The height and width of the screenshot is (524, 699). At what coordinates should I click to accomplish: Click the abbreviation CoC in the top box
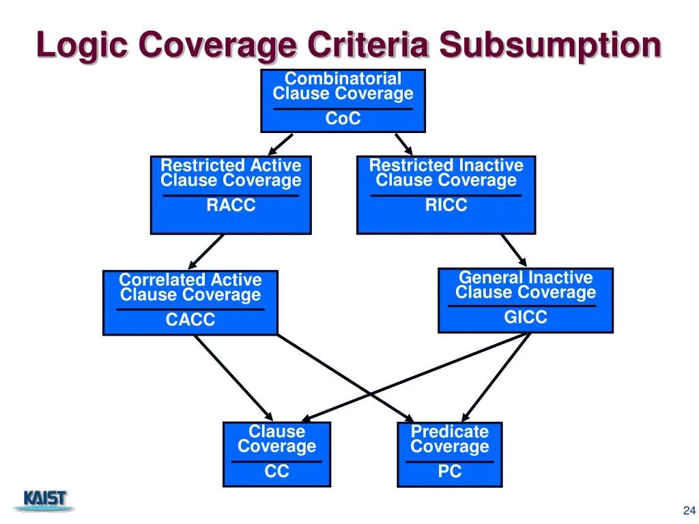point(343,119)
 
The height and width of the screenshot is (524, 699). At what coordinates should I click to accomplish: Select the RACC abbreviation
point(231,205)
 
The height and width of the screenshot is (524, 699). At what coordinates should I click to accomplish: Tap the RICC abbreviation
point(446,205)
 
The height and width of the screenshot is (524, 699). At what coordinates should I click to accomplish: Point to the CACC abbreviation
point(190,319)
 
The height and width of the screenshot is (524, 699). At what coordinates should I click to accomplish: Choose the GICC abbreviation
point(525,317)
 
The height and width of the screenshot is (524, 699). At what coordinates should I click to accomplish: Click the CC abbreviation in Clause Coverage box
point(276,471)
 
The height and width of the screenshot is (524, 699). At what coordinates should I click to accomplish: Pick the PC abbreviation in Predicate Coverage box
point(449,471)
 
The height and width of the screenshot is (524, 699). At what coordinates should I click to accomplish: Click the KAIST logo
point(46,500)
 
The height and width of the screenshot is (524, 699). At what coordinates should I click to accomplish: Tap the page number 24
point(688,510)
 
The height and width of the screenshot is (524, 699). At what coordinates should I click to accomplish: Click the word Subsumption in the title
point(550,46)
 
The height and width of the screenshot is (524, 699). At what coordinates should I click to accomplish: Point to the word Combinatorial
point(343,79)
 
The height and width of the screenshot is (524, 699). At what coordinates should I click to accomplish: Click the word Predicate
point(449,432)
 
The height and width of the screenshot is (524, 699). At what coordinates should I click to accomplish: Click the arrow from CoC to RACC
point(281,145)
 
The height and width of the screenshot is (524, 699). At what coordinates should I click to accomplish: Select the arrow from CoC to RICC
point(403,144)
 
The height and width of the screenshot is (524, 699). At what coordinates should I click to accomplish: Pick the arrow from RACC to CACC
point(205,252)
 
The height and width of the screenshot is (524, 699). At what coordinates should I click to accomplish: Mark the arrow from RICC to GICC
point(513,250)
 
